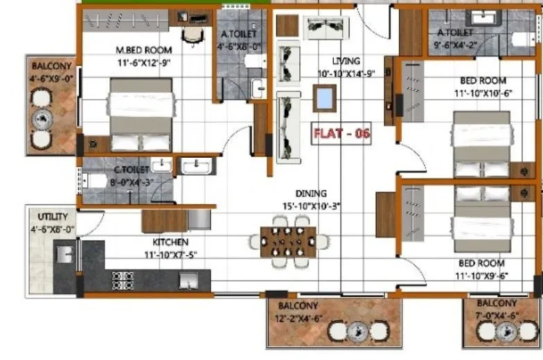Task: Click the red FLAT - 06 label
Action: point(341,134)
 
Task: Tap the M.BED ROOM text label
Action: point(143,50)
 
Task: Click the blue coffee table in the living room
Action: point(324,98)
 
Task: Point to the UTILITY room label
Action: point(53,217)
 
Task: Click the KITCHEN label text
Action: point(170,242)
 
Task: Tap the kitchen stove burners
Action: point(123,280)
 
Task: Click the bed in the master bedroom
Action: point(141,114)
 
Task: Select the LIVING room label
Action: point(346,62)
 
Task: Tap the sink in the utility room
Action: point(64,251)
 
